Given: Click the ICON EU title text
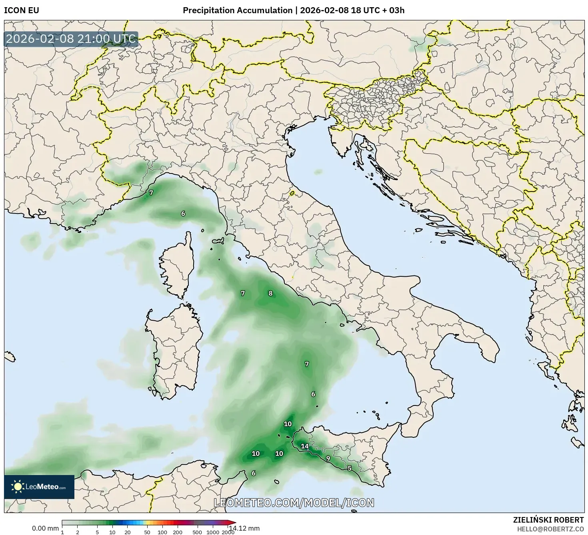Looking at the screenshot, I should (22, 10).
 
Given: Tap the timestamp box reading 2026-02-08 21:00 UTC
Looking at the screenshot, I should (71, 39).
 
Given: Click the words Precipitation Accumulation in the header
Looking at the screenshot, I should (237, 10).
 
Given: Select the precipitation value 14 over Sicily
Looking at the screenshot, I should (305, 446).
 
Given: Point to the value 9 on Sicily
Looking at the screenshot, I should (328, 458).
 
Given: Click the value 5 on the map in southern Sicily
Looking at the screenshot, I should (349, 468).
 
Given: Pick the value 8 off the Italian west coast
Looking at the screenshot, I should (270, 293).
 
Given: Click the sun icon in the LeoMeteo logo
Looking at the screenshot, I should (18, 487).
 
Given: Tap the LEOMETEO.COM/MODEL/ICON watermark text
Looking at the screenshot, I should (294, 503).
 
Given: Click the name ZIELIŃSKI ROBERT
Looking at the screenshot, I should (548, 520).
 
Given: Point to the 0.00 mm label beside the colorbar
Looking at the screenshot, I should (45, 528).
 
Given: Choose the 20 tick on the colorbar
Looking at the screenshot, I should (127, 532).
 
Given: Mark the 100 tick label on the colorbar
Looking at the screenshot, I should (162, 532).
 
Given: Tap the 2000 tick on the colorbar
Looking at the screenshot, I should (228, 532).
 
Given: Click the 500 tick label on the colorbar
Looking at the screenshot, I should (197, 532).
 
